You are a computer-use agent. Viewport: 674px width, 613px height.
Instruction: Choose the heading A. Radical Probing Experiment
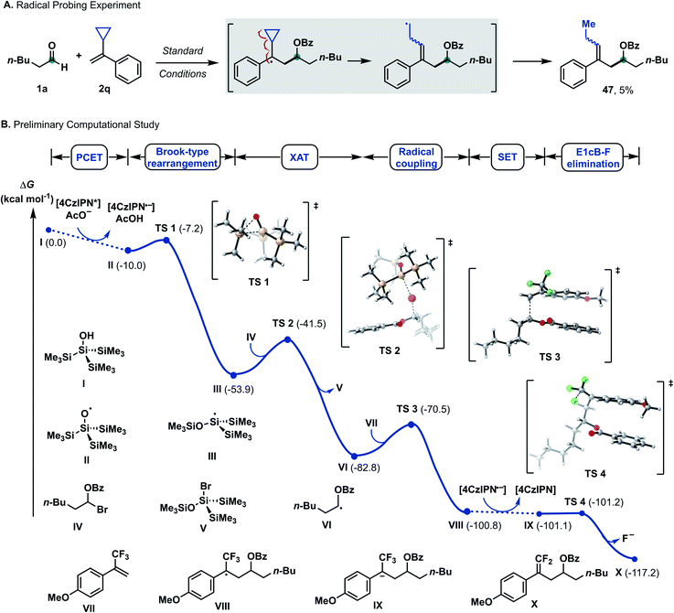77,8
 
